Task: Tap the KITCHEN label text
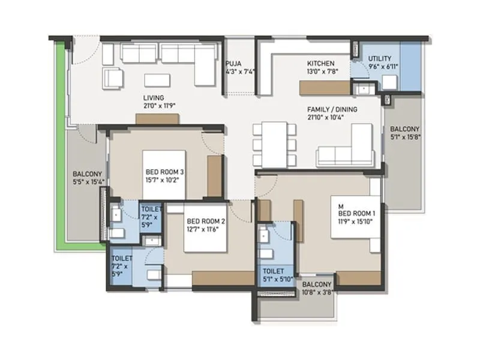click(321, 63)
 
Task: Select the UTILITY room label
click(380, 58)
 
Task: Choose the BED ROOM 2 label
click(205, 221)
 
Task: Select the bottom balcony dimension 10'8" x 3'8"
click(316, 292)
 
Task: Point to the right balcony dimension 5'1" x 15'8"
click(405, 136)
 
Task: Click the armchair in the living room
click(113, 77)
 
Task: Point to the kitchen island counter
click(325, 88)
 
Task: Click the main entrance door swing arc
click(85, 48)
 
